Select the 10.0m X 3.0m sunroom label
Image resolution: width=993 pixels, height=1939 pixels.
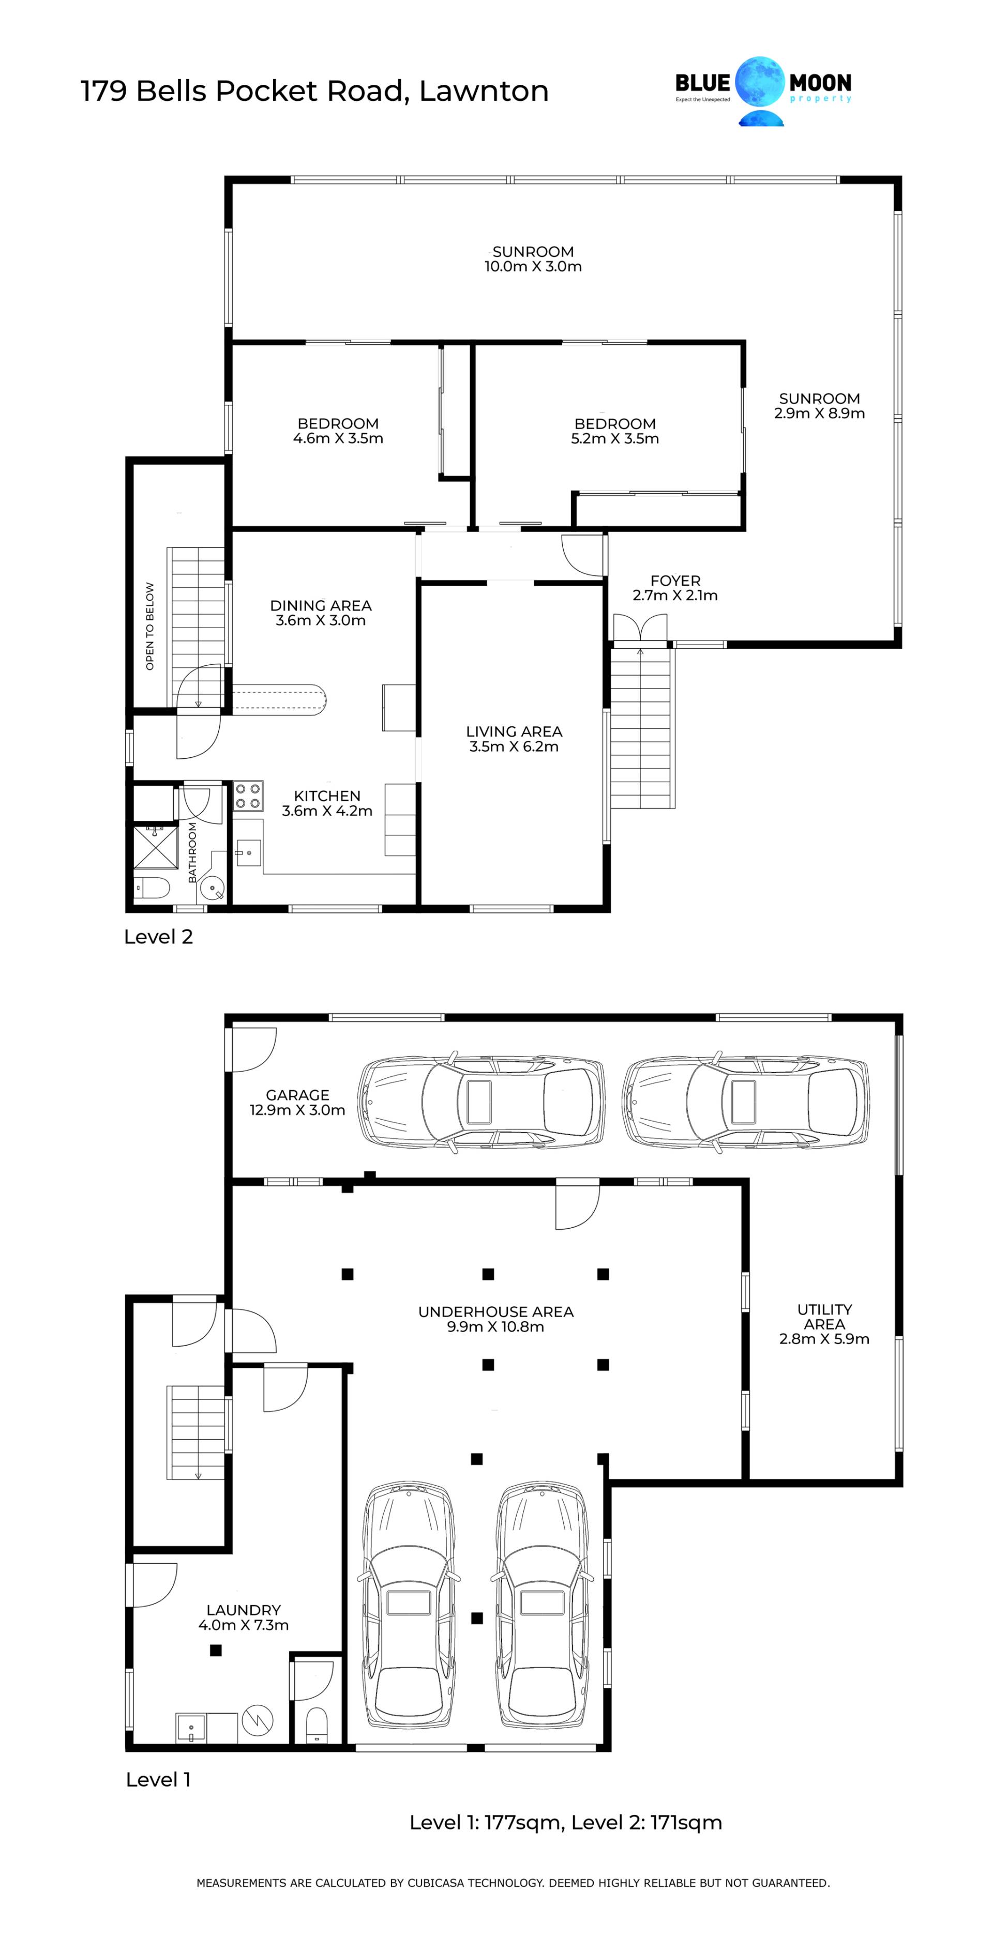click(x=533, y=259)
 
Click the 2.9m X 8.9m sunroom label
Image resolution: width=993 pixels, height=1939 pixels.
click(x=819, y=406)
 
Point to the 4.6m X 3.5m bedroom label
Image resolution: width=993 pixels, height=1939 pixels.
click(x=338, y=431)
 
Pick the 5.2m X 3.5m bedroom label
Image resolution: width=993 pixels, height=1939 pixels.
click(x=614, y=431)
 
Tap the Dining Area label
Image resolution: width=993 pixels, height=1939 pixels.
click(x=321, y=613)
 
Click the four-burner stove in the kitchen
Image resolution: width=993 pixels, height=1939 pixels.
click(x=248, y=797)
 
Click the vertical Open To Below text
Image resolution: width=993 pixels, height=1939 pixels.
click(x=150, y=627)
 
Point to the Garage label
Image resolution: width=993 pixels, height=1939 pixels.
click(x=297, y=1103)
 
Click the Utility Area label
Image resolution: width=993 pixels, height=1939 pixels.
click(x=824, y=1324)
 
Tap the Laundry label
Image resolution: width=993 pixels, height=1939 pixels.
click(x=243, y=1617)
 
